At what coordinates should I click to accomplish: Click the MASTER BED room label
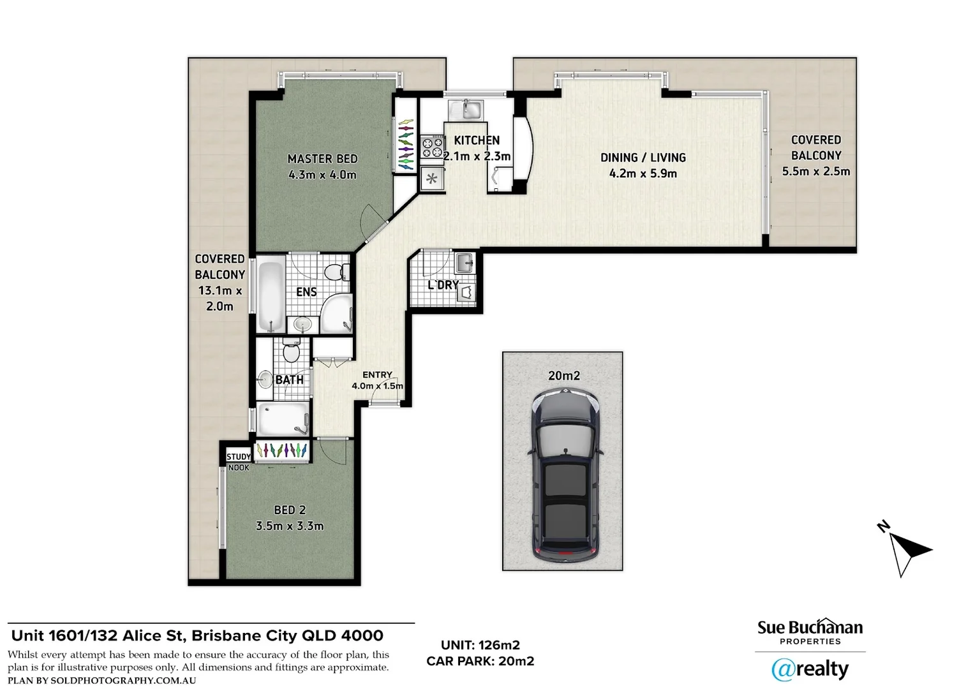coord(322,159)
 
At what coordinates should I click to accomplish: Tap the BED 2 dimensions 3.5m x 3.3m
coord(289,526)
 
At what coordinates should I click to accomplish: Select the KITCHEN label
coord(477,140)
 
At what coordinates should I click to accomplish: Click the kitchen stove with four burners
coord(432,147)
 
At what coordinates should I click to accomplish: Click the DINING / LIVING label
coord(643,158)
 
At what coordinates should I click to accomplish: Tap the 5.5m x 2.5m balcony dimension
coord(815,171)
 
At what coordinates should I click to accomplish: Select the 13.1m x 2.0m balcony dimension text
coord(220,299)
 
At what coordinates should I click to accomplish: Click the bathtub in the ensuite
coord(271,295)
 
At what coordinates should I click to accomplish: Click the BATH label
coord(289,380)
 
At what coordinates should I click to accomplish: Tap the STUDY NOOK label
coord(239,462)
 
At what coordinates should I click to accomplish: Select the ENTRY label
coord(377,375)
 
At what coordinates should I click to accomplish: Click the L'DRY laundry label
coord(443,285)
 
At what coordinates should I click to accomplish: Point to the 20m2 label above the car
coord(563,376)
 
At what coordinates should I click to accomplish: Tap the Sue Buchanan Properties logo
coord(810,632)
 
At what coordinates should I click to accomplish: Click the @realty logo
coord(810,669)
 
